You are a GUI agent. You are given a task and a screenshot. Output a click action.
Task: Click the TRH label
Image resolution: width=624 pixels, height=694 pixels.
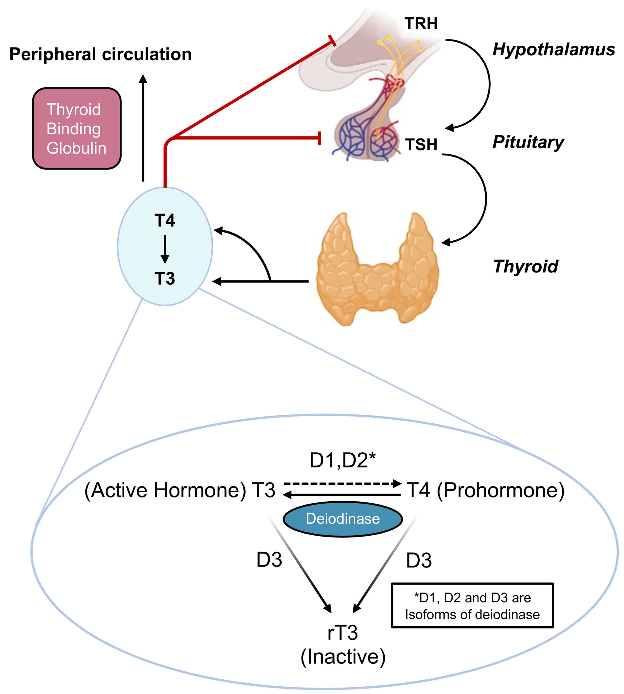pos(421,23)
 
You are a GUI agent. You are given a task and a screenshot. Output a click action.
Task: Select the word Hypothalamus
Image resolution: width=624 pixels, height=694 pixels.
pos(554,49)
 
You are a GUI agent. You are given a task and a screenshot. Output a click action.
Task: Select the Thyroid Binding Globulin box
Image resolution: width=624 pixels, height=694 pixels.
pos(77,128)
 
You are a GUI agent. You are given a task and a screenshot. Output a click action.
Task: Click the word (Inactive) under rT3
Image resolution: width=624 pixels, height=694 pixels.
pos(343,657)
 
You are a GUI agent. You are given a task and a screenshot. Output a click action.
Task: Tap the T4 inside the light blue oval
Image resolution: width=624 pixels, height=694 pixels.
pos(165,220)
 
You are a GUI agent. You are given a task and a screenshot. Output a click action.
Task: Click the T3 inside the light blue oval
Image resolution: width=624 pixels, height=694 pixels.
pos(165,278)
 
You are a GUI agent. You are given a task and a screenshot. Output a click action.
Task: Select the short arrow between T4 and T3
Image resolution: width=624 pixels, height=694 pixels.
pos(165,249)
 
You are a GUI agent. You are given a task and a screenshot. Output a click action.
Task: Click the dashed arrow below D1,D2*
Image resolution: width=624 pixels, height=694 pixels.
pos(343,484)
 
